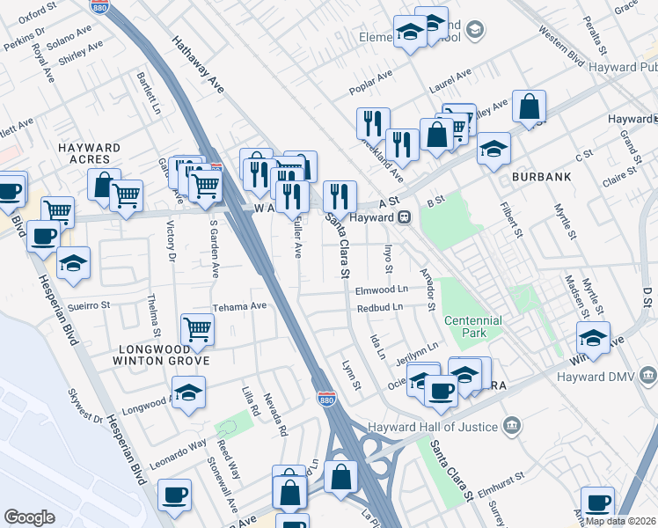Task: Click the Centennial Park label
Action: tap(472, 327)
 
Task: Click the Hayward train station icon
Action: tap(405, 217)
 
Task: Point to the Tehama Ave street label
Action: tap(239, 306)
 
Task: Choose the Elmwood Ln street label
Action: tap(382, 289)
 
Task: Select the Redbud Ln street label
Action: tap(379, 307)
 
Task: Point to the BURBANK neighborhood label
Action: tap(542, 177)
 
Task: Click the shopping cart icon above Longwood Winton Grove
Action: tap(197, 329)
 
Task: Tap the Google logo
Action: tap(30, 517)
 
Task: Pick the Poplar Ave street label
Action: tap(369, 80)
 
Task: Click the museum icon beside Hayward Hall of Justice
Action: tap(512, 428)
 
